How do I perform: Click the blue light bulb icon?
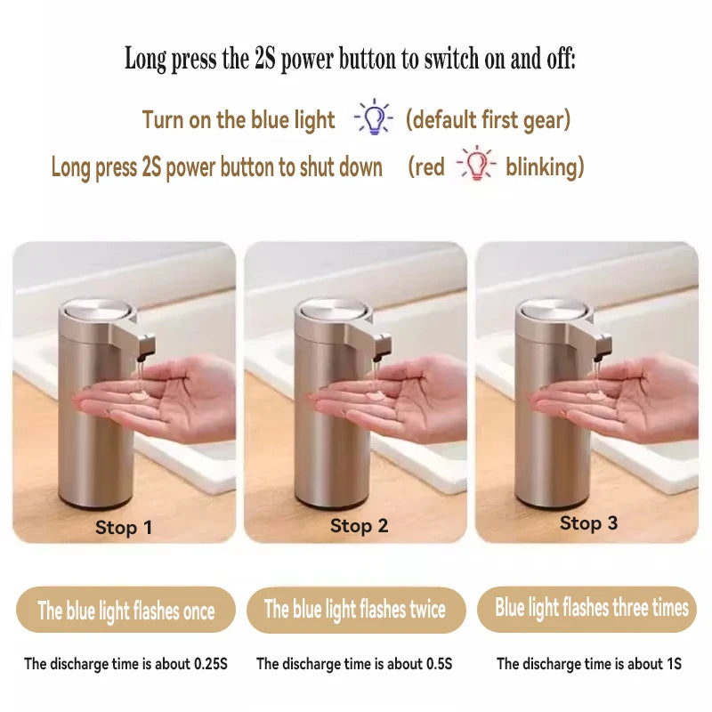click(374, 117)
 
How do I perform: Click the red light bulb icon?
click(476, 165)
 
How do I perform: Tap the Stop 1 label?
click(124, 527)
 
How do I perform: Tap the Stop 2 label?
click(359, 526)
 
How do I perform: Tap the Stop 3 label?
click(588, 523)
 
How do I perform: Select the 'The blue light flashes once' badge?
click(125, 611)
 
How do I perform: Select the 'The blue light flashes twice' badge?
click(355, 610)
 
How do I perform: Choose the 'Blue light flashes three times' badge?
click(592, 608)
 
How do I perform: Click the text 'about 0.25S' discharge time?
click(188, 664)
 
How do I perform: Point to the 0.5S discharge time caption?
click(354, 664)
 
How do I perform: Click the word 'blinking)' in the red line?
click(545, 166)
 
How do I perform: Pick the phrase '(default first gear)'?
click(488, 119)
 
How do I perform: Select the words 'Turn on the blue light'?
click(239, 119)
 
